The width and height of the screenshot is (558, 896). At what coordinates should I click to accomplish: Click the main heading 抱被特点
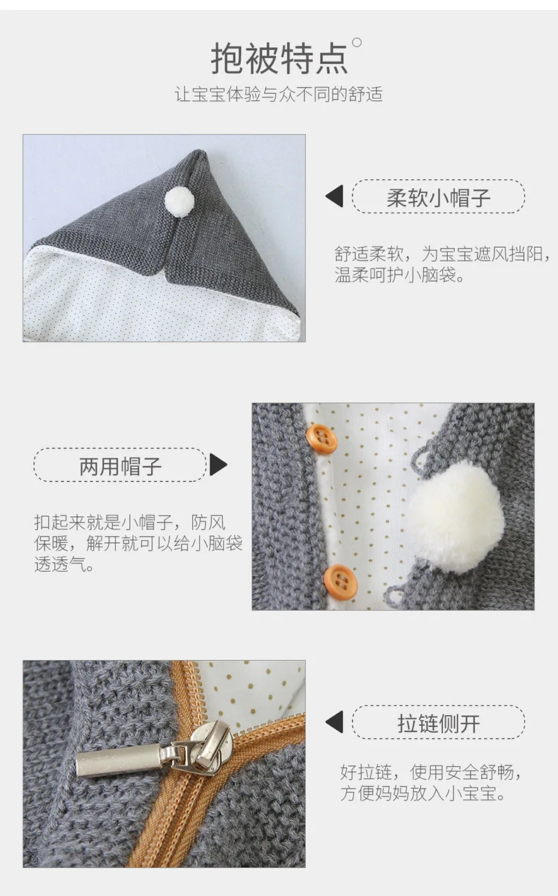pyautogui.click(x=279, y=59)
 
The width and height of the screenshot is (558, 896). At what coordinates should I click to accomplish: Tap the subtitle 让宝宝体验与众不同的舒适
pyautogui.click(x=278, y=95)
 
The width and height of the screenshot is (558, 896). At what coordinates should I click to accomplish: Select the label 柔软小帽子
pyautogui.click(x=439, y=198)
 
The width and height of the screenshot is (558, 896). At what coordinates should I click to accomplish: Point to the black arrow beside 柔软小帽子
pyautogui.click(x=336, y=196)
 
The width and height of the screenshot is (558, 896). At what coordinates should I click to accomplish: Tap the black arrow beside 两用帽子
pyautogui.click(x=218, y=465)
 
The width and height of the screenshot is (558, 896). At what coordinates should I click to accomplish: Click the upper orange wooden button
pyautogui.click(x=321, y=438)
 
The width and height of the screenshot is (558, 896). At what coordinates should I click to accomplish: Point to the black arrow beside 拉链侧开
pyautogui.click(x=336, y=722)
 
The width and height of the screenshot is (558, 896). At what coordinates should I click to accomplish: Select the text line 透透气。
pyautogui.click(x=64, y=564)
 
